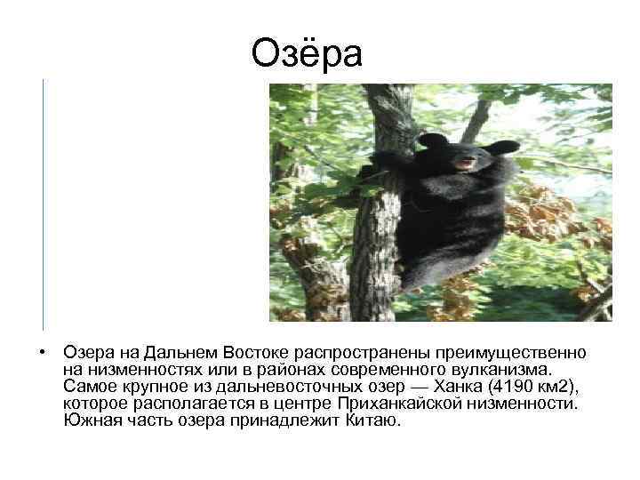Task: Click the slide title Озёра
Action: [307, 53]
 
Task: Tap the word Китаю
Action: [378, 420]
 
